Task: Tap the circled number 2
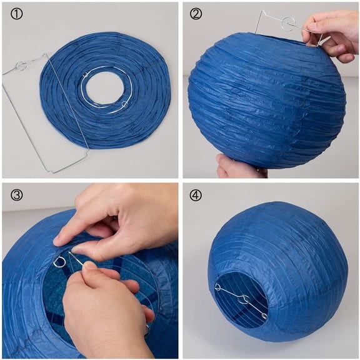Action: (x=196, y=14)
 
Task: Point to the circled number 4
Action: (x=196, y=195)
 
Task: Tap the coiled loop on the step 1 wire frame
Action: (x=21, y=65)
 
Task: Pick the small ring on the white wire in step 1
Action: (x=124, y=104)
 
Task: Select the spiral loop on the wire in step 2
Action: (x=287, y=24)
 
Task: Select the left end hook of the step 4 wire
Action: (x=217, y=287)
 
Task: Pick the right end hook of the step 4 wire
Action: (x=264, y=316)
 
